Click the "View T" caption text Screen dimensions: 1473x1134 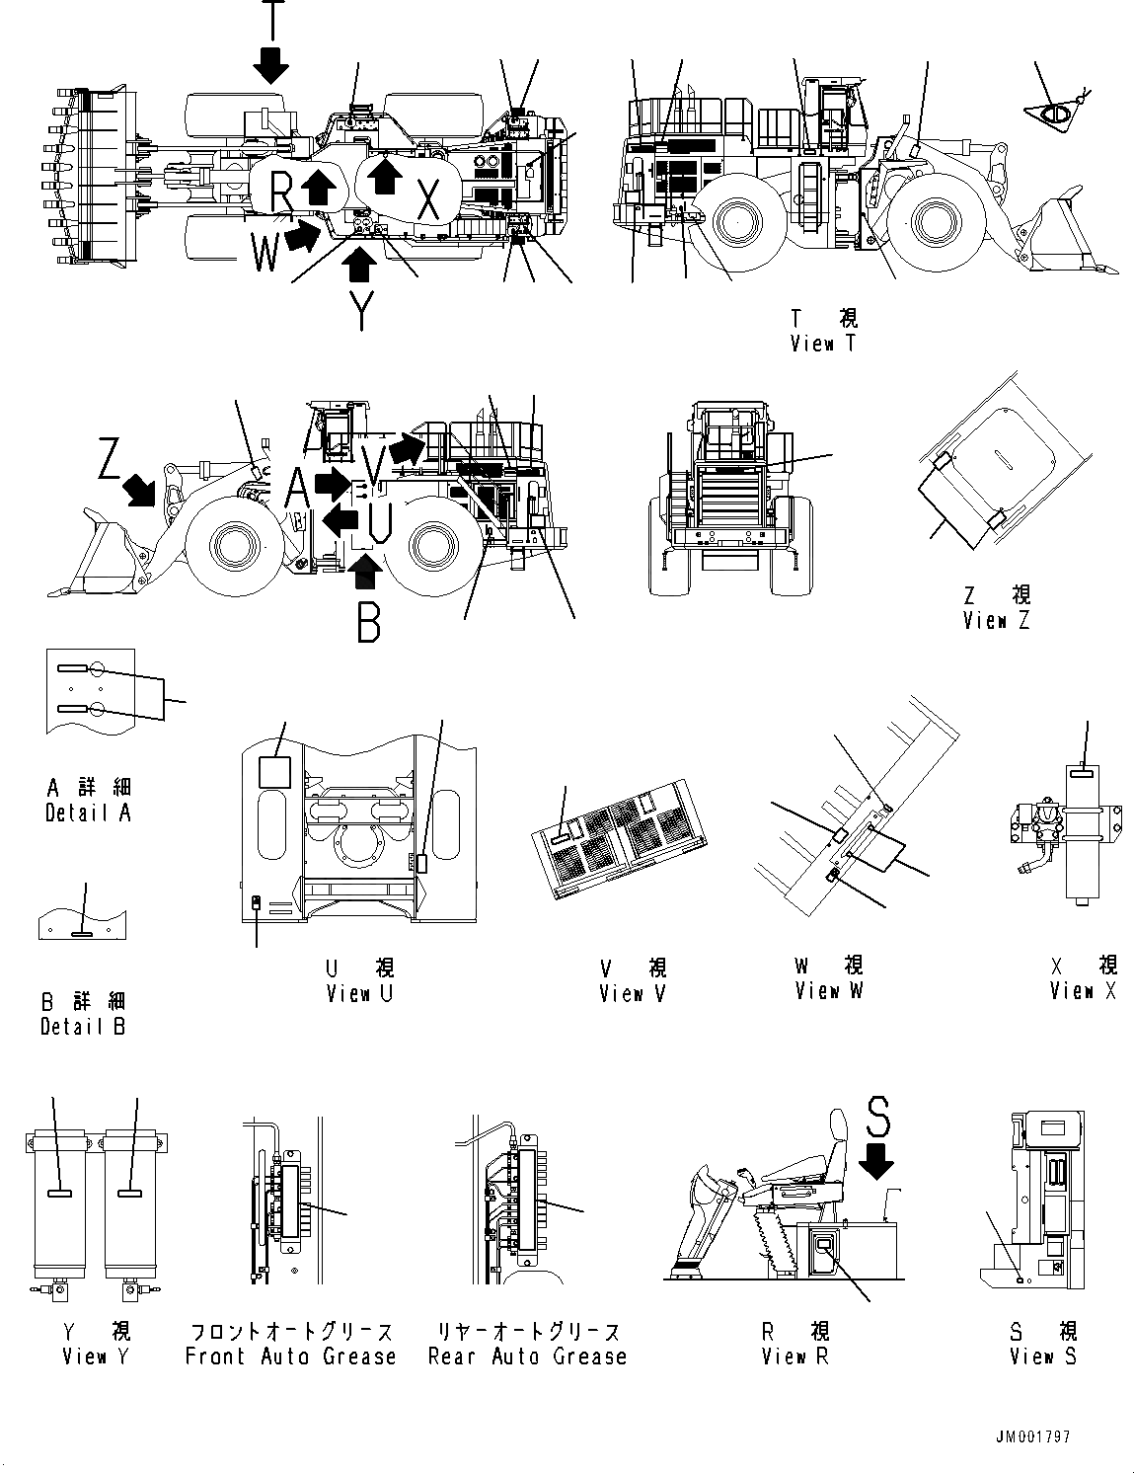coord(823,344)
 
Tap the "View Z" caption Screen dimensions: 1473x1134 coord(997,621)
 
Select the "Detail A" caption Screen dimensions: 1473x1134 coord(88,813)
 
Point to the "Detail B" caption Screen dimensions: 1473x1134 coord(83,1026)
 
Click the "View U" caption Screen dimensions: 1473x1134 coord(359,993)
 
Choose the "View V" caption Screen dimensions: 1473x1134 coord(633,993)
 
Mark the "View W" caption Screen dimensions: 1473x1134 coord(829,990)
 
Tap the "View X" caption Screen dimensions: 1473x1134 coord(1083,990)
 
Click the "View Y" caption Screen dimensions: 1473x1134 coord(96,1357)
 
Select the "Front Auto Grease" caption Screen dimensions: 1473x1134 coord(290,1357)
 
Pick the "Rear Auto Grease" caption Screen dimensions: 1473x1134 coord(527,1357)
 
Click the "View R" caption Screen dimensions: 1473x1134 coord(795,1357)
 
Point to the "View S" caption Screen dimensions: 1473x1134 coord(1043,1357)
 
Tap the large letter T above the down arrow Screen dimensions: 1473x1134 coord(273,18)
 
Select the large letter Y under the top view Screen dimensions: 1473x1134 coord(363,310)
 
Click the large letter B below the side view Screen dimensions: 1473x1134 coord(368,621)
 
